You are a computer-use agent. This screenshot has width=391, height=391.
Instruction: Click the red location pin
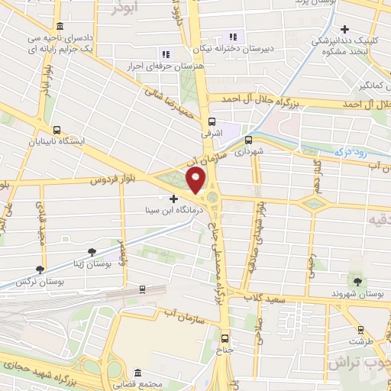(196, 182)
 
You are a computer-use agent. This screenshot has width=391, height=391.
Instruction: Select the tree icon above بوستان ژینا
(92, 250)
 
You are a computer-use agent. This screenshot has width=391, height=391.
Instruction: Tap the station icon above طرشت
(357, 331)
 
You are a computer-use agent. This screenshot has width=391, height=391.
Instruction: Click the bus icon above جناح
(225, 338)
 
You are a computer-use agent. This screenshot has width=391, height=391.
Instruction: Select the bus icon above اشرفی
(212, 121)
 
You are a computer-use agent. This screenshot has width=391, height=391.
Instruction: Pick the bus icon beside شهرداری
(248, 140)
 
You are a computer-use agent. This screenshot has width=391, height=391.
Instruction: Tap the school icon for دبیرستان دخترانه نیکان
(233, 36)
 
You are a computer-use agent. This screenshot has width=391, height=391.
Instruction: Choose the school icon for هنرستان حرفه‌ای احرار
(164, 53)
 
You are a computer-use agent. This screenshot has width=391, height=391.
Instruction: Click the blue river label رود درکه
(347, 152)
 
